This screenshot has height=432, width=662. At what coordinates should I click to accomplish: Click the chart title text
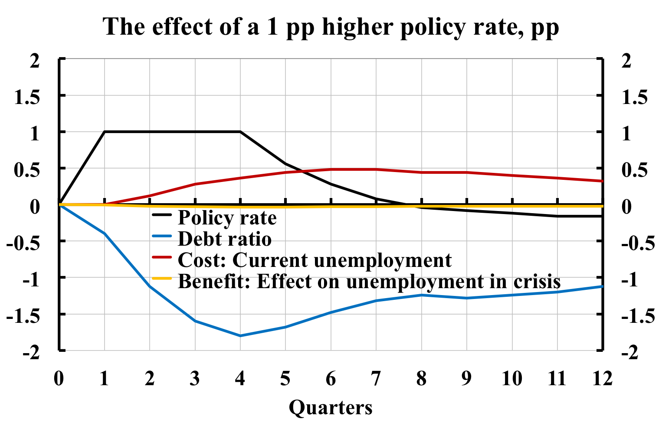[x=331, y=27]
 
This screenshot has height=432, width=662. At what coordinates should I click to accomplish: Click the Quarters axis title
[x=331, y=407]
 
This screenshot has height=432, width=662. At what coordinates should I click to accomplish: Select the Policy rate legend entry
[x=227, y=218]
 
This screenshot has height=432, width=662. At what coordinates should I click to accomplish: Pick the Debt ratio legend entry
[x=224, y=239]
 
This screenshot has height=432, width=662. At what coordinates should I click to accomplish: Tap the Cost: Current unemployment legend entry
[x=315, y=260]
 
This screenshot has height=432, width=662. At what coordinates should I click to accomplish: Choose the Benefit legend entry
[x=369, y=281]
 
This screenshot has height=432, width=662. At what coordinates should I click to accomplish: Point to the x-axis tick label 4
[x=240, y=379]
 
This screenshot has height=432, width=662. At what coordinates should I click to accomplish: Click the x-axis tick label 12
[x=602, y=379]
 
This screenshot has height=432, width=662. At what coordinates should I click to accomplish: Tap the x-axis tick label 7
[x=376, y=379]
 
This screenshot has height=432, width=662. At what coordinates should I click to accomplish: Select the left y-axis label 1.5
[x=27, y=97]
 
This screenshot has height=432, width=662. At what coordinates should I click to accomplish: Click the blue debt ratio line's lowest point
[x=240, y=336]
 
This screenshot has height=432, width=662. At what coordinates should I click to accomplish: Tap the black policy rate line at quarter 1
[x=105, y=131]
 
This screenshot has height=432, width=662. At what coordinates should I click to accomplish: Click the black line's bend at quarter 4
[x=240, y=131]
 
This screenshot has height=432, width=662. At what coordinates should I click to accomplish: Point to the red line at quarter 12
[x=602, y=181]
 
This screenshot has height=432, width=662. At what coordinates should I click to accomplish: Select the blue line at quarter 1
[x=105, y=234]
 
